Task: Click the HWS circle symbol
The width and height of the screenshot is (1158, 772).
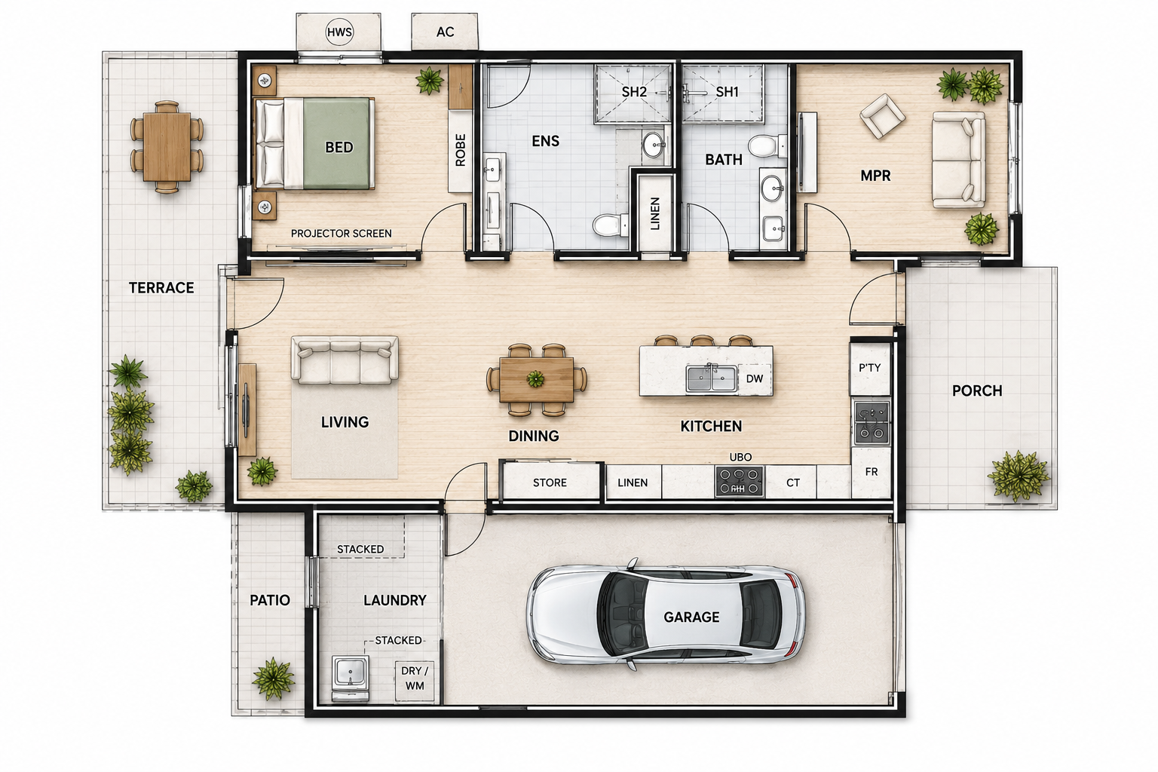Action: click(339, 32)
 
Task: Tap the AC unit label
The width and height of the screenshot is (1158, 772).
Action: click(445, 32)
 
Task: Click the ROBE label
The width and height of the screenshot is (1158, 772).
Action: click(460, 150)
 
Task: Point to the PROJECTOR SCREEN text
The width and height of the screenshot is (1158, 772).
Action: click(342, 234)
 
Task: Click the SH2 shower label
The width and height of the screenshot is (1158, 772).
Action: click(634, 92)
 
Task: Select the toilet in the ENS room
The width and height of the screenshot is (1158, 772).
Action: click(610, 225)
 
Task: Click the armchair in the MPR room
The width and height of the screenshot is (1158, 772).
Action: click(883, 116)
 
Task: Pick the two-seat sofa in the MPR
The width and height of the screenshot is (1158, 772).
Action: click(958, 160)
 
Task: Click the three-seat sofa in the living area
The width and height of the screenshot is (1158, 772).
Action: click(345, 360)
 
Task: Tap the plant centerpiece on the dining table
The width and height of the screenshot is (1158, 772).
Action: click(535, 379)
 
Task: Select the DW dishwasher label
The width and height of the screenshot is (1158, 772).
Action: click(754, 378)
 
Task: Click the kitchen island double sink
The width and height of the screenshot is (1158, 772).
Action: click(712, 378)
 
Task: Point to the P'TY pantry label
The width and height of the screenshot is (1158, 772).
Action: click(869, 368)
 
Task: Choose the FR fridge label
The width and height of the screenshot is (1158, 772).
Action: click(871, 472)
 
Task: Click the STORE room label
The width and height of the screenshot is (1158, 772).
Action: click(550, 482)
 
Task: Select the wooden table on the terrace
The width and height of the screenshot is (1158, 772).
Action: click(167, 147)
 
